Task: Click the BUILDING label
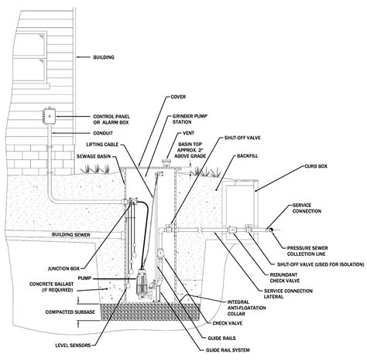[104, 57]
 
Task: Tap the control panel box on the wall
[49, 116]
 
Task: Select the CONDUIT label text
[103, 133]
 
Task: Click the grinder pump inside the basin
[141, 283]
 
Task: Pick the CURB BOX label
[316, 166]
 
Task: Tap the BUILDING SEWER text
[71, 235]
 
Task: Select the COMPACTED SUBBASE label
[70, 312]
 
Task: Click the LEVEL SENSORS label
[73, 345]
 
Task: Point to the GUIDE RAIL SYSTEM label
[228, 350]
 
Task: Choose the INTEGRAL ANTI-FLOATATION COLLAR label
[247, 308]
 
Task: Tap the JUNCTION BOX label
[63, 269]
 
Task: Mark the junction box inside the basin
[132, 200]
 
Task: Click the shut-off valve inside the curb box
[249, 229]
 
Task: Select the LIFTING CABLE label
[102, 145]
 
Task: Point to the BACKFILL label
[247, 156]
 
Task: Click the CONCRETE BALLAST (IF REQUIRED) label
[51, 287]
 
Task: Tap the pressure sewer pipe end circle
[270, 230]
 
